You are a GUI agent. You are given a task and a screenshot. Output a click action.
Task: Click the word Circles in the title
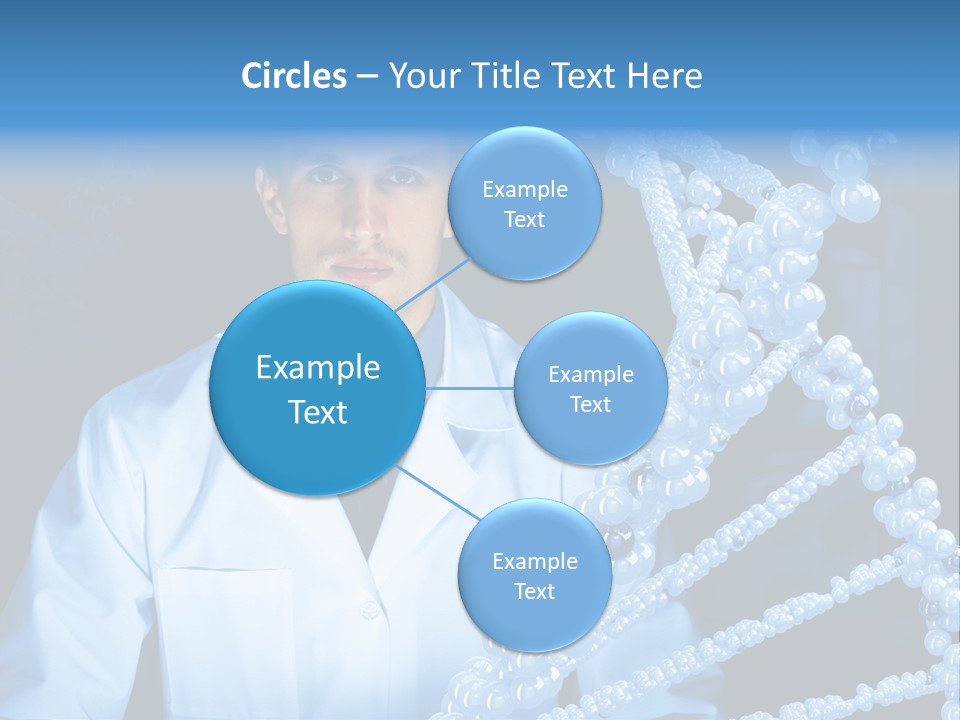(x=293, y=76)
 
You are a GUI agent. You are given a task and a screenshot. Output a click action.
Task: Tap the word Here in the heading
(x=664, y=76)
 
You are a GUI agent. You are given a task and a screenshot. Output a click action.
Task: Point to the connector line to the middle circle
(x=470, y=388)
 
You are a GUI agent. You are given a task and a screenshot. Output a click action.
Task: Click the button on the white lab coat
(x=369, y=609)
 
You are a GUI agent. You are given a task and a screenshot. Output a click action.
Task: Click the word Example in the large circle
(x=317, y=368)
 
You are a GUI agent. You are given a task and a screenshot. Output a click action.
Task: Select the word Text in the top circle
(x=524, y=220)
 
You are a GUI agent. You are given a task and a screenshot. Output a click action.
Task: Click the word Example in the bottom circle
(x=534, y=562)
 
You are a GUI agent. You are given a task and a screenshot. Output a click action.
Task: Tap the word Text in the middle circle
(x=590, y=405)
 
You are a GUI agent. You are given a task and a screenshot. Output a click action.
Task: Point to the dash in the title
(x=366, y=77)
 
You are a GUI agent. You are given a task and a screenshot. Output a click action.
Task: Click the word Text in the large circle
(x=317, y=412)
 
